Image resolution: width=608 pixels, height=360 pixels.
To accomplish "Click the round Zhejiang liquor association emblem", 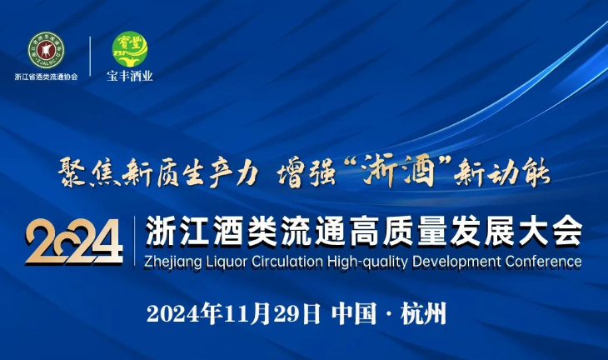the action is pos(46,51).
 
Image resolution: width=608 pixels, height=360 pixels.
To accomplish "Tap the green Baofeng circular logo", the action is pos(130,49).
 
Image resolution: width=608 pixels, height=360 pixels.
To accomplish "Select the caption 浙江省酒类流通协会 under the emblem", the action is pos(46,77).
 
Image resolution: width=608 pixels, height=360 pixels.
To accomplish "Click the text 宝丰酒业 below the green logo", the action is pos(130,76).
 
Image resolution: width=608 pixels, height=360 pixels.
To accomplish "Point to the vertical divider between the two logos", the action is pos(90,57).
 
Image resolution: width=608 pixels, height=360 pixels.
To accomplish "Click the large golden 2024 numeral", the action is pos(74,242).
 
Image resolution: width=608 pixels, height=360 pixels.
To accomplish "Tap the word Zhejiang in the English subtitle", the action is pos(173,262).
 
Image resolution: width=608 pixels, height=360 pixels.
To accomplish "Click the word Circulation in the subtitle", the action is pos(287,262).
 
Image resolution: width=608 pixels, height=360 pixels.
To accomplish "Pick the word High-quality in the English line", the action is pos(367,262).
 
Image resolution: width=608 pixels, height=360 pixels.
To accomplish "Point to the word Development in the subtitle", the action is pos(456,262).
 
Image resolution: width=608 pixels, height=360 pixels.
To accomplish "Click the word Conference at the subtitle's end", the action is pos(543,262).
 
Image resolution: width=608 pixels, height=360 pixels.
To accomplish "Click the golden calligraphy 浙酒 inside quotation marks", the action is pos(397,171).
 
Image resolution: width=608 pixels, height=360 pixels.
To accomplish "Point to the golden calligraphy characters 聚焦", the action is pos(89,172).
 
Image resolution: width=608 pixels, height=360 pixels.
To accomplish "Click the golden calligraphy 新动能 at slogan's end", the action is pos(501,172).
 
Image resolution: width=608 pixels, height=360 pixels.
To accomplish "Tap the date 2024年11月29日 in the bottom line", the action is pos(234,313).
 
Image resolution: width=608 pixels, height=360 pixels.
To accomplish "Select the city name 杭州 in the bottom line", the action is pos(424,313).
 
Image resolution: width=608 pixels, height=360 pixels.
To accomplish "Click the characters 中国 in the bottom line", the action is pos(354,313).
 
